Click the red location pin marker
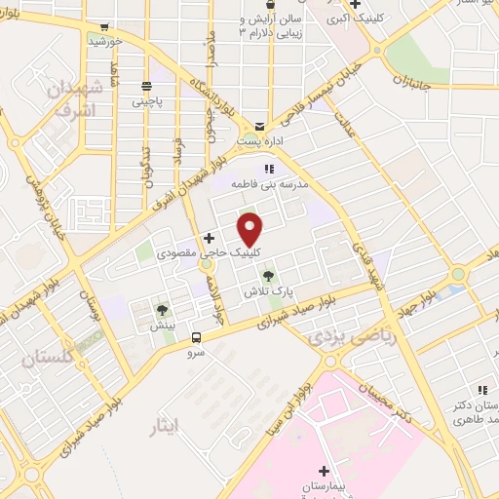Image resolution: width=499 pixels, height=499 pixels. (250, 230)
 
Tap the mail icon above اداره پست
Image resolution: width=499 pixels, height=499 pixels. (259, 127)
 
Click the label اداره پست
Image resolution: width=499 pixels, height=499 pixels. (260, 140)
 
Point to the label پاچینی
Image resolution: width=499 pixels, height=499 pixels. (148, 99)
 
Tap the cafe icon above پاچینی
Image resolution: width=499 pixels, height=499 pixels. (147, 85)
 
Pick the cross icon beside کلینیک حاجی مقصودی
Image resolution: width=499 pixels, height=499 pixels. (209, 238)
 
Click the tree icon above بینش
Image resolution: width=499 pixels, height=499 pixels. (162, 310)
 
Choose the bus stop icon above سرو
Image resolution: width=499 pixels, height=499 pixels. (198, 337)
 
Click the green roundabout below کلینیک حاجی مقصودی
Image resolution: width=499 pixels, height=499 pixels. (206, 265)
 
